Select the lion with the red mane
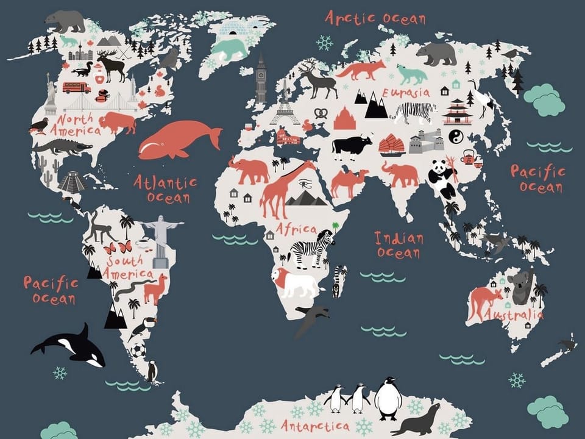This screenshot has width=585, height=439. coord(296,282)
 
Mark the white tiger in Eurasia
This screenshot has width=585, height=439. coord(414,112)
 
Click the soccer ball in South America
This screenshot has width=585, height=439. coord(138,351)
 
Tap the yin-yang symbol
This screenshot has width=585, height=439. coord(456,137)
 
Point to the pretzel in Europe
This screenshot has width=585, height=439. coord(321,113)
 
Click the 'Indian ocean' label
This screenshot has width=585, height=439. coord(399,244)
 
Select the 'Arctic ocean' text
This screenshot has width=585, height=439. coord(375,18)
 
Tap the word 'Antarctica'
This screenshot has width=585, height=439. coord(315,425)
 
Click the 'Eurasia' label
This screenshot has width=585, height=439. coord(406,93)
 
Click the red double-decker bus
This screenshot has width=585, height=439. coord(76,87)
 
